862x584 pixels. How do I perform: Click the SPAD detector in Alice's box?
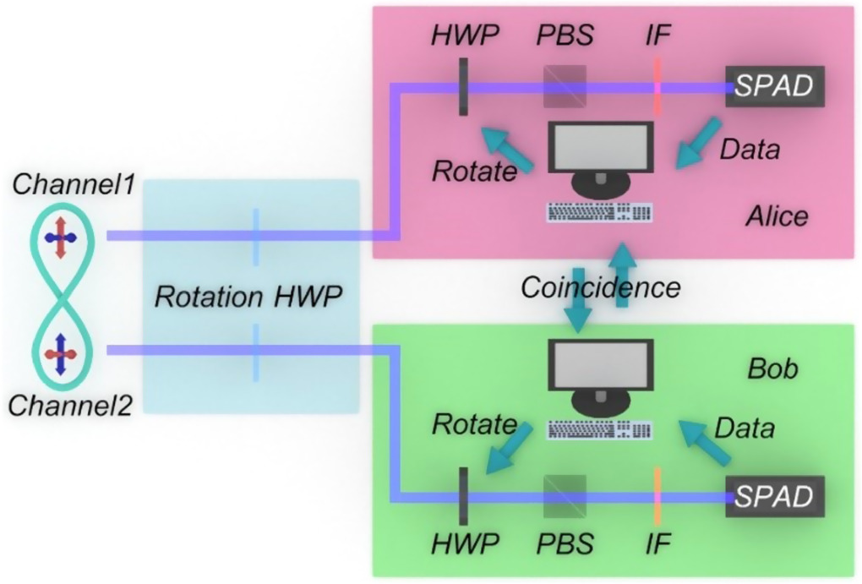pos(774,85)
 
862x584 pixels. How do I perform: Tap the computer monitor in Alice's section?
pos(601,149)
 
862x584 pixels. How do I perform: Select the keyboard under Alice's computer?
pos(601,212)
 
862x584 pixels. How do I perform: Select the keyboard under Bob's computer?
pos(601,430)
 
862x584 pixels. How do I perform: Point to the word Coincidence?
pos(601,287)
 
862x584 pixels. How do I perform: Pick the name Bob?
pos(772,369)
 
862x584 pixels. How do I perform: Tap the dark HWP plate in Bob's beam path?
pos(463,495)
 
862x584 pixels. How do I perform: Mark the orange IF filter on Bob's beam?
pos(657,495)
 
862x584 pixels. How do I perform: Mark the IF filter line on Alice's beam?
pos(657,85)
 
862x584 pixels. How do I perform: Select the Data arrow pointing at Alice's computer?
pos(696,143)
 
